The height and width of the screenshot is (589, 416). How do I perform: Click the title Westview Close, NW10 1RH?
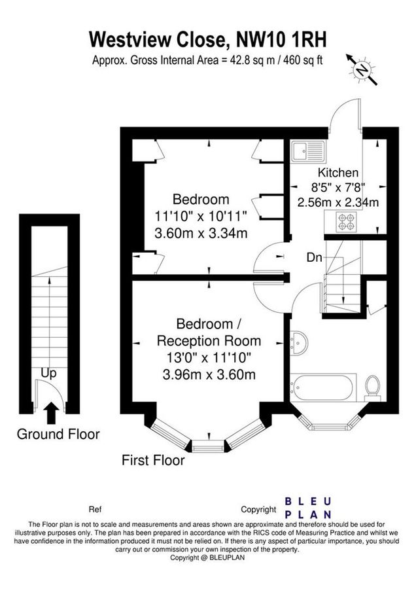point(207,40)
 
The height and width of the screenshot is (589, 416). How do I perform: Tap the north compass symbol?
point(362,67)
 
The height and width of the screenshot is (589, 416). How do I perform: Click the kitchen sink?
point(307,152)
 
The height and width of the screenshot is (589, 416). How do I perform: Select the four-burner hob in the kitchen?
point(347,223)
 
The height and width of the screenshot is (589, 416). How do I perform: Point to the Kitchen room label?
point(338,173)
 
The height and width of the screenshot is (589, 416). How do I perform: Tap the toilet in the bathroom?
point(373,385)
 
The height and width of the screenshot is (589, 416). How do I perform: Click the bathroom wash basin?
point(302,342)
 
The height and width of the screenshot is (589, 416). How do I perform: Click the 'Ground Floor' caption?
point(58,433)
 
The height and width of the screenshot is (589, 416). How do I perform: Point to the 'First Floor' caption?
point(153,460)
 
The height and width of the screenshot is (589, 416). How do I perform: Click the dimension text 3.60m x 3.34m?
point(201,232)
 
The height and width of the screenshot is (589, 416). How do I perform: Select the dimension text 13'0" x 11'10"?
point(208,357)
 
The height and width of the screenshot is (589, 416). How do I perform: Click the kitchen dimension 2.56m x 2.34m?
point(338,202)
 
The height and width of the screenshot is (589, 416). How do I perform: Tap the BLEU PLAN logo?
point(307,508)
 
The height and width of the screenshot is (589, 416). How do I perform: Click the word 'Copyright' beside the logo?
point(258,509)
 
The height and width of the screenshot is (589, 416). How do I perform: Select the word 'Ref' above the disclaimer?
point(95,509)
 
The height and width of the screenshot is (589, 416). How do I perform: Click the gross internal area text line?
point(207,60)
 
